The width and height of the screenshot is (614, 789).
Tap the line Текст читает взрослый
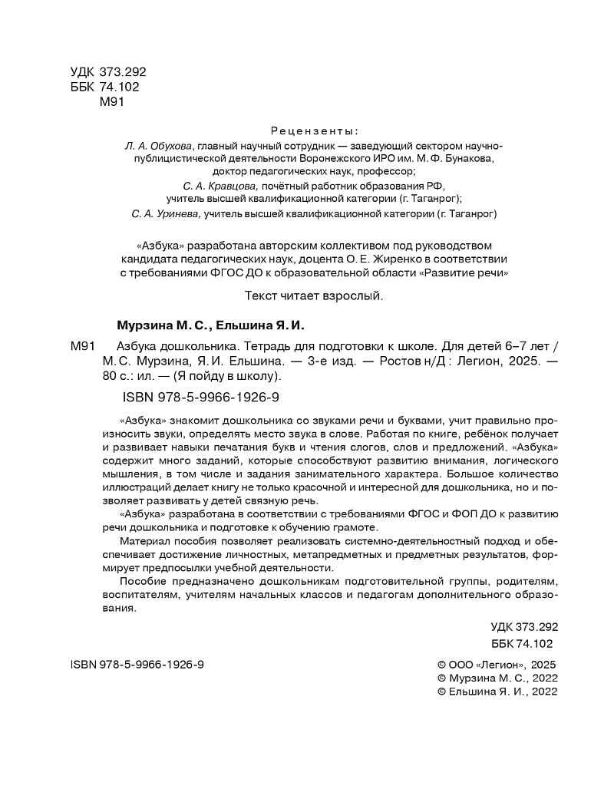click(313, 295)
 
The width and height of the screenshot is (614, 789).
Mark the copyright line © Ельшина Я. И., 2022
click(496, 691)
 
